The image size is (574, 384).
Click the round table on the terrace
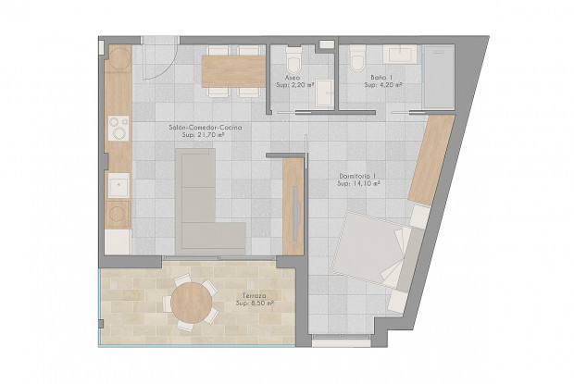(192, 303)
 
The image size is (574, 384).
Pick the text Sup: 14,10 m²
(359, 184)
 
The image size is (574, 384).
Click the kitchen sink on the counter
(118, 187)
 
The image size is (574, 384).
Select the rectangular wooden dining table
(232, 70)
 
